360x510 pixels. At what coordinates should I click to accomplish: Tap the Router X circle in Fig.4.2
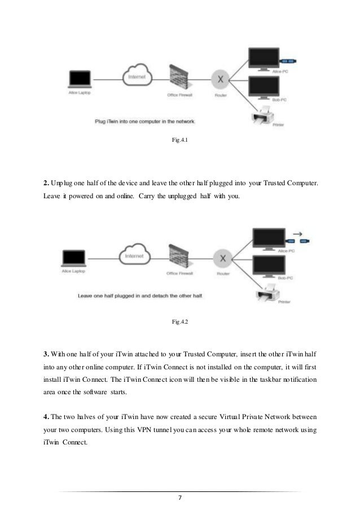(x=222, y=258)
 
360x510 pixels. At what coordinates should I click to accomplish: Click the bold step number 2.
(x=46, y=184)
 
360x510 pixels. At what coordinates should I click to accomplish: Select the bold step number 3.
(x=46, y=354)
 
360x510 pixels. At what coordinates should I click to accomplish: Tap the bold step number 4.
(x=46, y=417)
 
